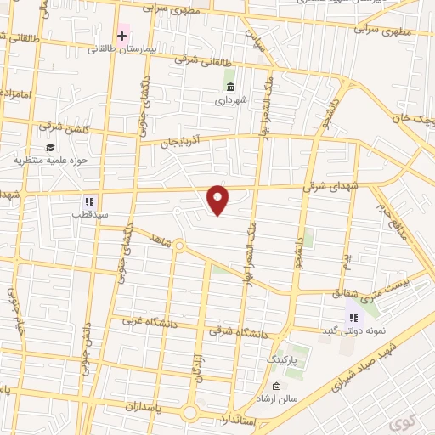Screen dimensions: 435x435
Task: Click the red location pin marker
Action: pyautogui.click(x=218, y=199)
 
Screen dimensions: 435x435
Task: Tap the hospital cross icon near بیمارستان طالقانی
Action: pyautogui.click(x=122, y=36)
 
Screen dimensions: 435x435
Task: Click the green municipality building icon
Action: pyautogui.click(x=230, y=86)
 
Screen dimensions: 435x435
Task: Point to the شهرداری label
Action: pyautogui.click(x=229, y=99)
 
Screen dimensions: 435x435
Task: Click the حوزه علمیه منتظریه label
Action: pyautogui.click(x=51, y=159)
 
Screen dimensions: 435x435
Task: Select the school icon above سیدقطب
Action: pyautogui.click(x=88, y=201)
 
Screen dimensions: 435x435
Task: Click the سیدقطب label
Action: pyautogui.click(x=88, y=214)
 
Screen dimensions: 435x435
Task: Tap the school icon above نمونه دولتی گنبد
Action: pyautogui.click(x=353, y=317)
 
